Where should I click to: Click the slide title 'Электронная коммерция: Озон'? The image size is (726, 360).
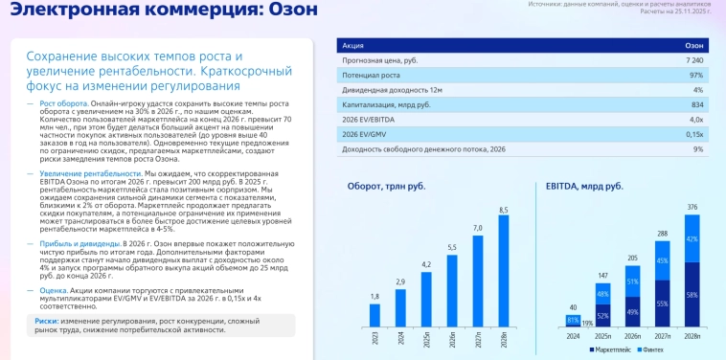[x=152, y=11]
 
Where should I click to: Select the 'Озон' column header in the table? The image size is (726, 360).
[x=694, y=45]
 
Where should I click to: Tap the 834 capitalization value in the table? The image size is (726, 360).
[x=697, y=104]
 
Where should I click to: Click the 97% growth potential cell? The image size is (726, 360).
[x=696, y=75]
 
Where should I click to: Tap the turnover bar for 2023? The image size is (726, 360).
[x=374, y=316]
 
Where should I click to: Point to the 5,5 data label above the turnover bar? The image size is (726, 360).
[x=452, y=247]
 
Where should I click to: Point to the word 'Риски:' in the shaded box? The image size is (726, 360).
[x=47, y=321]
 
